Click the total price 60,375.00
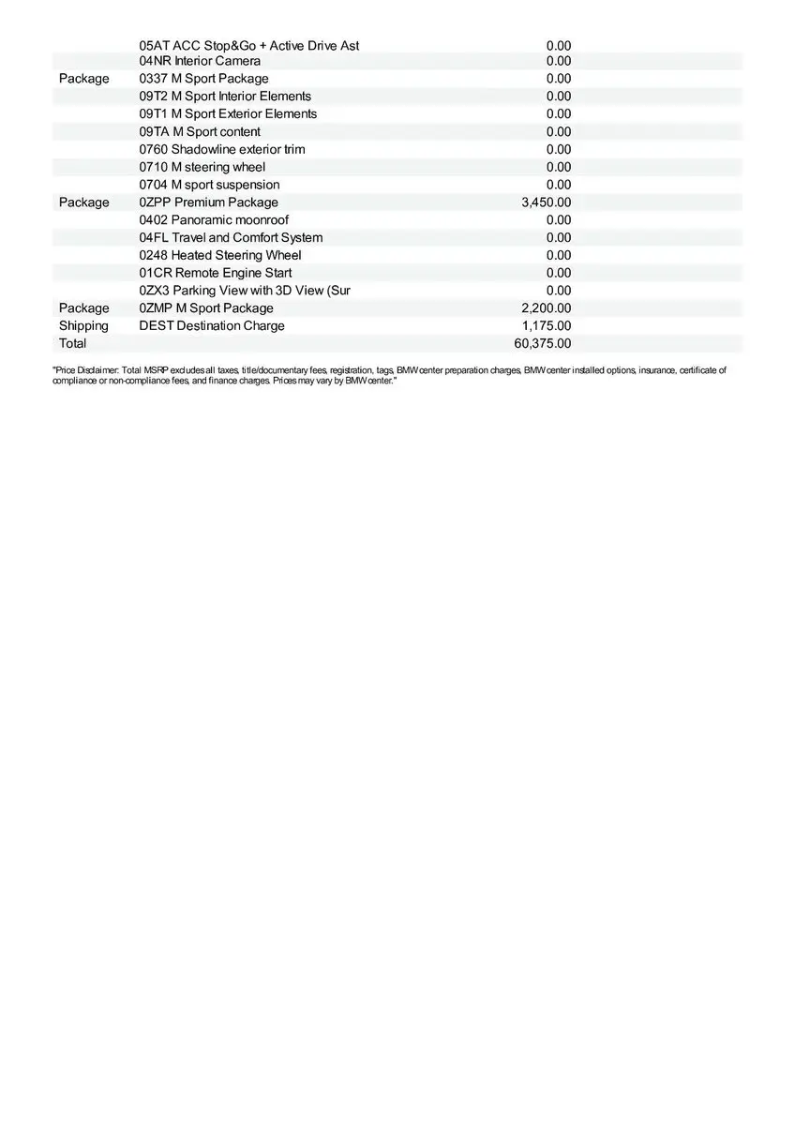(542, 343)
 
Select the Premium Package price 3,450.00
(546, 202)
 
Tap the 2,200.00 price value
(546, 308)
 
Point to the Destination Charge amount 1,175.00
(546, 326)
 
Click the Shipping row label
(83, 326)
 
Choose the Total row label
(72, 343)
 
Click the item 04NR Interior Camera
(200, 61)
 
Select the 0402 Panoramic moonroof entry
(214, 220)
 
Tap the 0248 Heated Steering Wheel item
(220, 255)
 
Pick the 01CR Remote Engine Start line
(216, 273)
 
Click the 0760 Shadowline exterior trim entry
(222, 149)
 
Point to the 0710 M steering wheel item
(202, 167)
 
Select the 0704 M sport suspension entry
(209, 185)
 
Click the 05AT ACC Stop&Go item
(248, 46)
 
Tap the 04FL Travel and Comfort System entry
(231, 238)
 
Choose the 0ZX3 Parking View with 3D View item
(245, 291)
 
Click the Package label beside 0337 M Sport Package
(83, 79)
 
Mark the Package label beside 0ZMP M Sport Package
(83, 308)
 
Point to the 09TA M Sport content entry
(200, 132)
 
